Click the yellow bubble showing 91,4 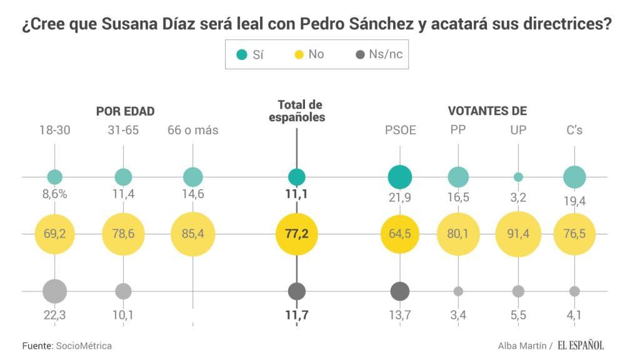tap(518, 234)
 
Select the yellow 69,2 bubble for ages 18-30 tap(55, 234)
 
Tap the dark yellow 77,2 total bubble tap(297, 234)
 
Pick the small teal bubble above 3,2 tap(518, 177)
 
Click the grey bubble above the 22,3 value tap(55, 291)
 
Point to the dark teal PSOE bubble tap(400, 177)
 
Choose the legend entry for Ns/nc tap(379, 54)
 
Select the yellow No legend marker tap(299, 54)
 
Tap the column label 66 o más tap(192, 131)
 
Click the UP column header tap(518, 130)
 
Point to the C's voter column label tap(574, 130)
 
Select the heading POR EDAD tap(125, 111)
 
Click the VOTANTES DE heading tap(487, 111)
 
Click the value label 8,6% tap(55, 194)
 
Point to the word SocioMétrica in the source tap(84, 345)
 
